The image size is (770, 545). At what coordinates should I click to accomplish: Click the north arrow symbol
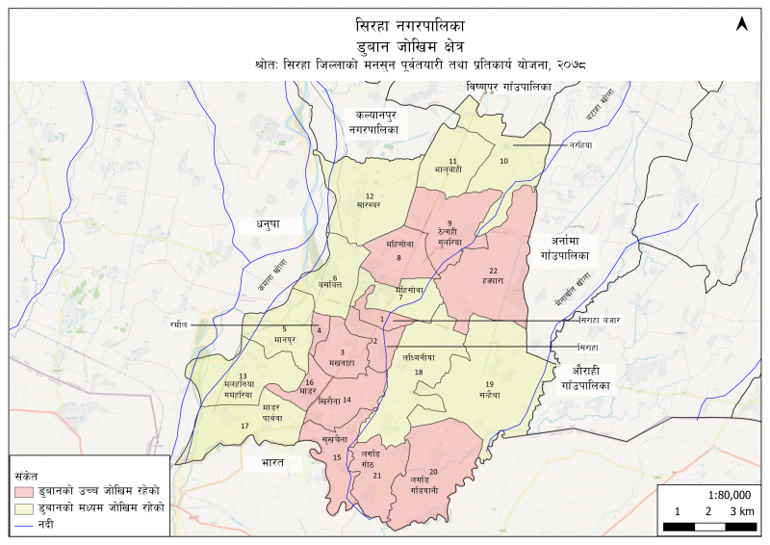(x=742, y=23)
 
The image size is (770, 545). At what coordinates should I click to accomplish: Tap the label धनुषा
(x=266, y=223)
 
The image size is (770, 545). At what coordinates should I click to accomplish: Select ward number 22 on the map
(x=493, y=271)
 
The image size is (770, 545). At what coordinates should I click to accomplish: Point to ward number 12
(x=369, y=196)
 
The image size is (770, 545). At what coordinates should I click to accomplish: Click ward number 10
(x=502, y=161)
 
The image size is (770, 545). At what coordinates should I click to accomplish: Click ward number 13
(x=244, y=376)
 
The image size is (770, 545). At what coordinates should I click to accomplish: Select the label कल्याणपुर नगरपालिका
(x=378, y=122)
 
